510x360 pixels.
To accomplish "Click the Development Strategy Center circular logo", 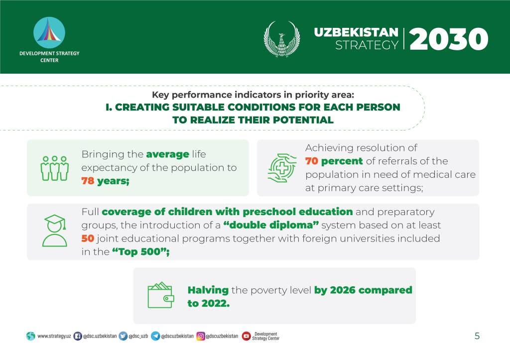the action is coord(49,33).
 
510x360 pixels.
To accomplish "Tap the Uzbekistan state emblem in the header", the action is coord(282,39).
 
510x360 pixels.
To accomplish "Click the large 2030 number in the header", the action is coord(449,39).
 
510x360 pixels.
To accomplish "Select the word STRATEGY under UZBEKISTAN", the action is coord(367,45).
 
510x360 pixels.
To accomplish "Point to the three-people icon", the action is coord(55,168).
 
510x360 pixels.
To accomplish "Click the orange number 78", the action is coord(88,181).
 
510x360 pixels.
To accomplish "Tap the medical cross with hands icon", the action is coord(282,168).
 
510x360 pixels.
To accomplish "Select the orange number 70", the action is coord(312,161).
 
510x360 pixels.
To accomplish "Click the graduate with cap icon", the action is coord(55,231).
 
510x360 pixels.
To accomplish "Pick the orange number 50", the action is coord(88,239).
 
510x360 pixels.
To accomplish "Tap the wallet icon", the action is coord(161,295).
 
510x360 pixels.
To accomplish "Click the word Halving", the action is coord(208,290).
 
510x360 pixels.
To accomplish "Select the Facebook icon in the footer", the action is coord(77,336).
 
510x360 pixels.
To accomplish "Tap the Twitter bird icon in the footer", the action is coord(123,336).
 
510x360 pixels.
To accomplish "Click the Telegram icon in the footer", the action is coord(155,336).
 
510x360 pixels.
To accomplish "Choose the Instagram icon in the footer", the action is coord(201,336).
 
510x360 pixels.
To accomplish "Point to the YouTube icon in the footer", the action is coord(246,336).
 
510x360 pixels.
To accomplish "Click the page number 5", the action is coord(477,336).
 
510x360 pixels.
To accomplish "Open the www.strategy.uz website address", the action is coord(54,336).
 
